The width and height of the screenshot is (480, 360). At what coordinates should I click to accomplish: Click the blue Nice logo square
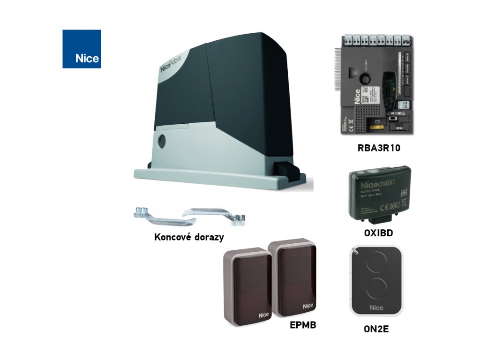click(82, 49)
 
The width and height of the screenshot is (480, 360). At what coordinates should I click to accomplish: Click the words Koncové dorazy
click(188, 237)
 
